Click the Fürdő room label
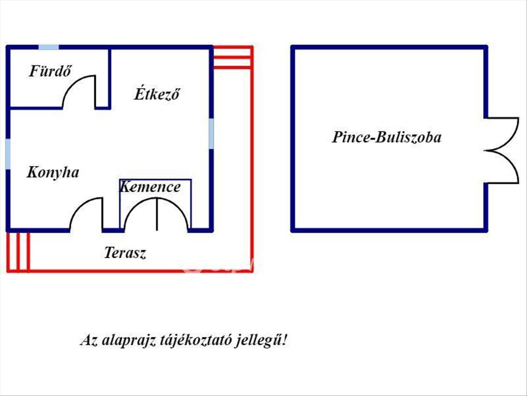(x=50, y=71)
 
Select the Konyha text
(x=53, y=172)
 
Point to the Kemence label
(x=150, y=187)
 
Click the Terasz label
(x=125, y=253)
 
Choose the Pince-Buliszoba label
(x=386, y=137)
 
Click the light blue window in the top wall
(x=49, y=47)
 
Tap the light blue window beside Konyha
(x=8, y=154)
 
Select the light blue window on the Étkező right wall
(x=211, y=133)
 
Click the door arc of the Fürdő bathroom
(x=72, y=84)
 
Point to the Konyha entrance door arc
(x=79, y=207)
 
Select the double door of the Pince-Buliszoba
(x=507, y=150)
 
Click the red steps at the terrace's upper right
(x=233, y=57)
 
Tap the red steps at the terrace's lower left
(x=18, y=252)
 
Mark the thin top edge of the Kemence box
(x=155, y=180)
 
